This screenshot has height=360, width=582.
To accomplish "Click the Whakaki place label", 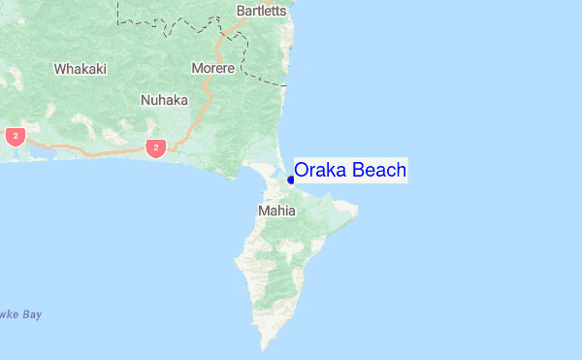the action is coord(80,69).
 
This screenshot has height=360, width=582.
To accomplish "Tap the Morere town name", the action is coord(212,69).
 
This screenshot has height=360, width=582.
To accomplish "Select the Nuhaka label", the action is coord(164,100).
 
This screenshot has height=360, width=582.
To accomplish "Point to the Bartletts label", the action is coord(260,12).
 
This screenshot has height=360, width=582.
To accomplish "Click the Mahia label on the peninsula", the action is coord(276,210).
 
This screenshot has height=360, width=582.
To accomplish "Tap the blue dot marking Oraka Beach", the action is coord(291,180).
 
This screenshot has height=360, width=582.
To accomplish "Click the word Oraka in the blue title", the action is coord(320,171).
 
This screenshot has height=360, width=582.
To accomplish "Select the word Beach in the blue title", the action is coord(378,171).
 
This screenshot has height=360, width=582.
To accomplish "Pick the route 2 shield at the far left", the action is coord(16,136).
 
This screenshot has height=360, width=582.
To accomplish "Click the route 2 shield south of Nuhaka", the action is coord(155,147).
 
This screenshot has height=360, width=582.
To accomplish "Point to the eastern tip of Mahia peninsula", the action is coord(357,209).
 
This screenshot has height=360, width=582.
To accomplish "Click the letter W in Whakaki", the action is coord(60,69).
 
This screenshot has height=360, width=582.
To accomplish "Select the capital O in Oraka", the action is coord(302,171).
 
